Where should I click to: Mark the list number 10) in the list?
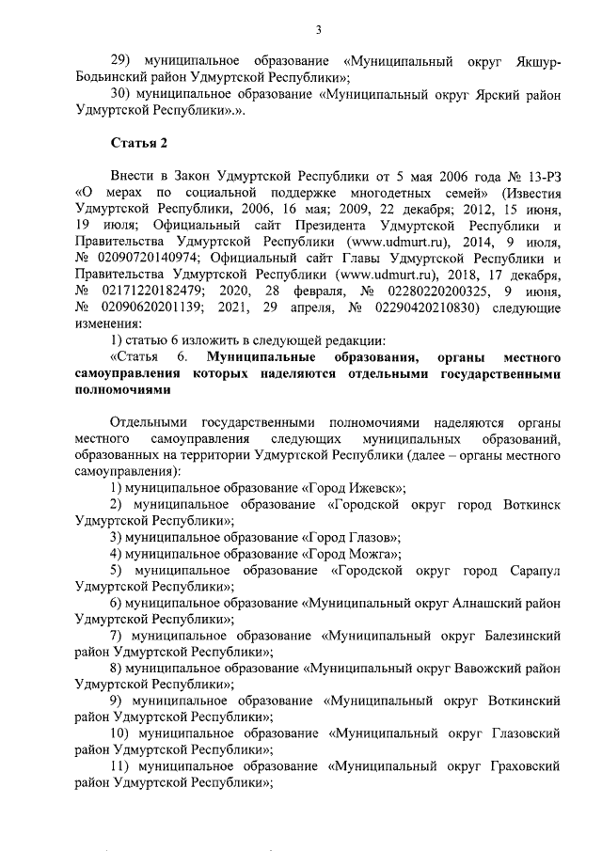click(122, 734)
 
